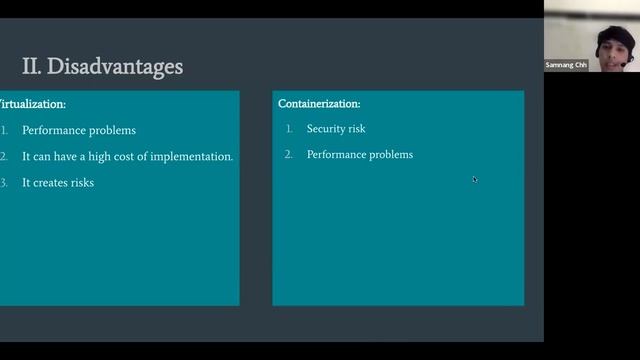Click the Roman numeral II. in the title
coord(31,67)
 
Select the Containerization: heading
coord(319,104)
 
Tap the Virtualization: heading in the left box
coord(33,104)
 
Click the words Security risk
coord(336,129)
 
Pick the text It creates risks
coord(58,183)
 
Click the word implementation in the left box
coord(191,157)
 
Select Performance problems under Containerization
coord(360,155)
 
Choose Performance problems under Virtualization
coord(79,131)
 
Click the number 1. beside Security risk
coord(289,129)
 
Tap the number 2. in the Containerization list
coord(289,155)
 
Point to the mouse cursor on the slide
coord(475,180)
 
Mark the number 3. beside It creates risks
coord(4,183)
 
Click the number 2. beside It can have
coord(4,157)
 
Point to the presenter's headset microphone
coord(623,62)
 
